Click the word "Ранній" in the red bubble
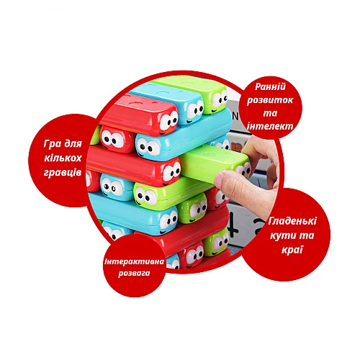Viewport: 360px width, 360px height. (x=270, y=87)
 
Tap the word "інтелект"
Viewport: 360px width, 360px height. (x=270, y=126)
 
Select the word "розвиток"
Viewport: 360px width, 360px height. (x=270, y=100)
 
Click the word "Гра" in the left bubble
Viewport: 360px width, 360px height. (x=53, y=144)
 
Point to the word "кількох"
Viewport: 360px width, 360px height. (x=63, y=158)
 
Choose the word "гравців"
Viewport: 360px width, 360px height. (x=63, y=173)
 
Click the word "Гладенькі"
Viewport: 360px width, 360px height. (x=292, y=221)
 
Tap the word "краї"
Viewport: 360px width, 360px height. (x=292, y=250)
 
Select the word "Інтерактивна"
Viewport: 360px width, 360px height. (x=135, y=261)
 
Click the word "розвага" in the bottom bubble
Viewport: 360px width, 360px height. (x=134, y=274)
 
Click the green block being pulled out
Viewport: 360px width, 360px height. (x=215, y=164)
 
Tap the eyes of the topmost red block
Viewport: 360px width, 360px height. (x=168, y=121)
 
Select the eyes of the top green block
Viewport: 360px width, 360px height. (x=220, y=99)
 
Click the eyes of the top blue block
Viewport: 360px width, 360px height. (x=195, y=110)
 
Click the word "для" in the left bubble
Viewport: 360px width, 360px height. (x=73, y=144)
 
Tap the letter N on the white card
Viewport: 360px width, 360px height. (x=235, y=117)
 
